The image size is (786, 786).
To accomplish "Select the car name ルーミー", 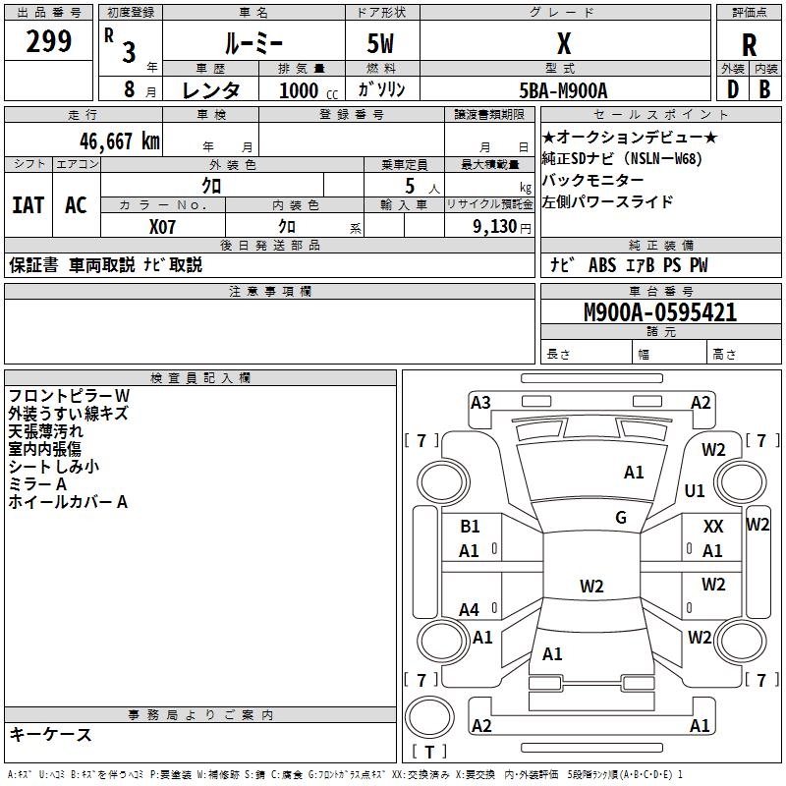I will click(252, 43).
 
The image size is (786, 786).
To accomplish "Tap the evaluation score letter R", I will click(749, 45).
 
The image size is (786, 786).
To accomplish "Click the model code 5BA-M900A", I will click(563, 90).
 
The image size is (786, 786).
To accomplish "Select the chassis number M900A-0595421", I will click(660, 313).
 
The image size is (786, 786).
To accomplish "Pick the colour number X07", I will click(163, 226).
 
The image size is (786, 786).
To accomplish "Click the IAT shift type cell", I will click(28, 204).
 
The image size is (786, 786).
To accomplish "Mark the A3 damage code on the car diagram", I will click(480, 402).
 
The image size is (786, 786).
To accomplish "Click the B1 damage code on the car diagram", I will click(470, 528).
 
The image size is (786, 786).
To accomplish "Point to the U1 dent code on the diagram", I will click(695, 490).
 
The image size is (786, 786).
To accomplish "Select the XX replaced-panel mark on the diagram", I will click(713, 528).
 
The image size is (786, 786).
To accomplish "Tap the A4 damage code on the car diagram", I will click(470, 610).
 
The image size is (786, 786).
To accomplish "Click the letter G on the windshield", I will click(621, 518).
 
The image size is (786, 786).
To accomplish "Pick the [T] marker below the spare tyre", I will click(428, 753).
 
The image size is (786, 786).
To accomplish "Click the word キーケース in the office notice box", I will click(50, 734).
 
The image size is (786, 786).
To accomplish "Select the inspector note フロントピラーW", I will click(68, 396).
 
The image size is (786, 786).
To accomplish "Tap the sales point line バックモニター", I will click(592, 181).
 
